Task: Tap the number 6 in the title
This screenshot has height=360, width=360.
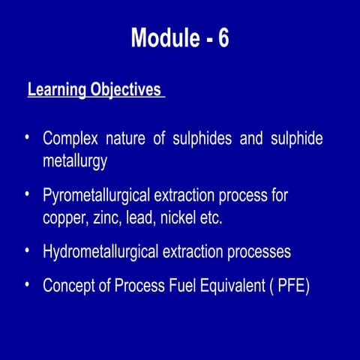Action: (x=223, y=38)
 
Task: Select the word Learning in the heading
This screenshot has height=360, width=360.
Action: (x=57, y=90)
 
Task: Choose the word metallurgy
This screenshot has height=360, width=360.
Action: (x=76, y=160)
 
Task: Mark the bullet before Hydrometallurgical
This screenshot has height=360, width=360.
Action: (x=27, y=250)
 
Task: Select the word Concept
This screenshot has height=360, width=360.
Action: (x=70, y=286)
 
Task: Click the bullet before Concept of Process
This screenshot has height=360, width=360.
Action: (x=27, y=283)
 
